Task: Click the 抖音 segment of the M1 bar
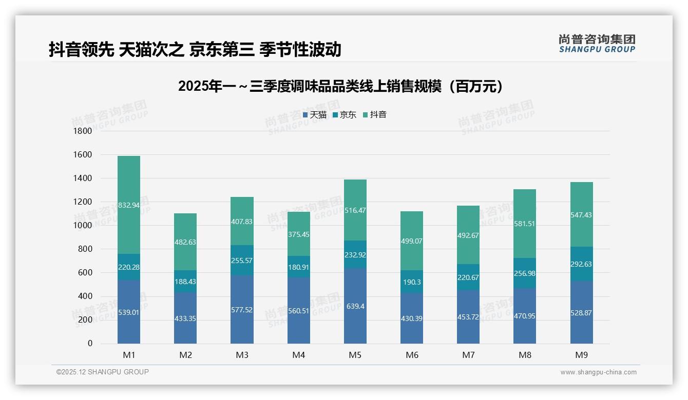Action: click(129, 205)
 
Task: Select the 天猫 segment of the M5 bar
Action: click(355, 306)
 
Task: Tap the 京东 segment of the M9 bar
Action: click(582, 264)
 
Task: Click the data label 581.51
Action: click(525, 224)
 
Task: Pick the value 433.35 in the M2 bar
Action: click(185, 318)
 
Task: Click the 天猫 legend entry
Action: click(314, 115)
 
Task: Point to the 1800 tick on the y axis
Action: click(83, 131)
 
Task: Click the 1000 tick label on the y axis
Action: click(83, 226)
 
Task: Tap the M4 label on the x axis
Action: click(298, 355)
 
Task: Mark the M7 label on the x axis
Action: click(468, 355)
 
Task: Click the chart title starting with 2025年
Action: click(341, 87)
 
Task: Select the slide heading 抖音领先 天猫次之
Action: click(195, 49)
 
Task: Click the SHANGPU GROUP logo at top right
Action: click(597, 44)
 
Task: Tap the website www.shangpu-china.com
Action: click(598, 372)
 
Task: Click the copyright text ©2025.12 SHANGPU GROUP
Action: click(103, 372)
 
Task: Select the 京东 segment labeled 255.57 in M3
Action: click(242, 260)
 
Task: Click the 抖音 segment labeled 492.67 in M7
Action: click(468, 235)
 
